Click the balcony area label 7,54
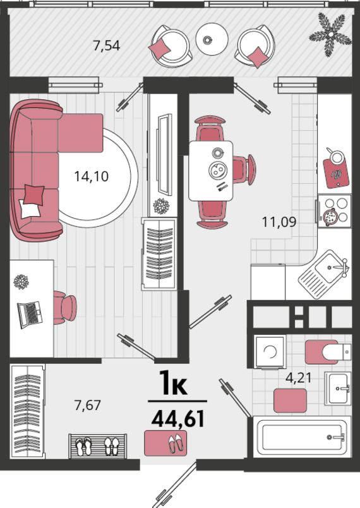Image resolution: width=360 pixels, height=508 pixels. pos(107,45)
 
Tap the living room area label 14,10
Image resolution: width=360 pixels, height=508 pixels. pos(92,176)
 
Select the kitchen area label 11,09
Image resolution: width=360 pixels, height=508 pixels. pos(279,222)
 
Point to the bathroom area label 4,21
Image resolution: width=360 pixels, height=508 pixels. pos(298,378)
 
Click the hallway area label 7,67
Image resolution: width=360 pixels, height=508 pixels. pos(88,405)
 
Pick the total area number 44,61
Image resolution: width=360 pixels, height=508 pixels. pos(178,418)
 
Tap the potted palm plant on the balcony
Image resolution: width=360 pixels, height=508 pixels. pos(330,34)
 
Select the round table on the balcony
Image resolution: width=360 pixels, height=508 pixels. pos(212,39)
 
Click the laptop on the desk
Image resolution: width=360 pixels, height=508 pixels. pos(30,315)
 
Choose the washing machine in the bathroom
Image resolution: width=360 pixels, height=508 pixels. pos(270,351)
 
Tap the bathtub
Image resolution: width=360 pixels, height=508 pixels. pos(302,437)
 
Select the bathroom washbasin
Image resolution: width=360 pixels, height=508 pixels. pos(338,389)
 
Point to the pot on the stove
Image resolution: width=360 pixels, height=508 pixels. pos(329,216)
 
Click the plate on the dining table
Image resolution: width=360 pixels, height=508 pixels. pos(218,171)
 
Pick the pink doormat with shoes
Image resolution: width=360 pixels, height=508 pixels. pos(165,443)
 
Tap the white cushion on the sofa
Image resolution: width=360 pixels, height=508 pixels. pos(29,209)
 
